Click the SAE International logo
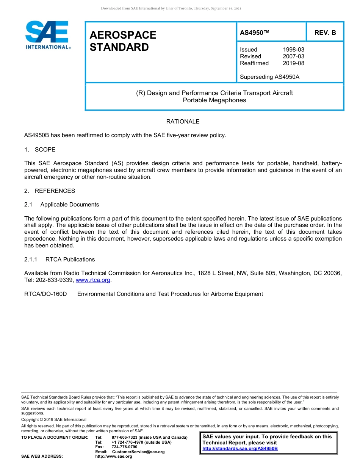coord(47,35)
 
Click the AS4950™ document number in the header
coord(255,33)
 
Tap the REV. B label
coord(325,33)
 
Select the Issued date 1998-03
coord(293,50)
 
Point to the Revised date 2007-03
coord(293,56)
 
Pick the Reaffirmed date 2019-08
coord(293,63)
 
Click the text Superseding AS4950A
coord(269,77)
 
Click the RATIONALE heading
coord(183,122)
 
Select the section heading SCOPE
coord(45,150)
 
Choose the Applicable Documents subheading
coord(69,205)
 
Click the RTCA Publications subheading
coord(70,260)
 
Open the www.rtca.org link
coord(93,280)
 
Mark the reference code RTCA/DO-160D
coord(45,294)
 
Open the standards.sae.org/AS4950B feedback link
coord(240,449)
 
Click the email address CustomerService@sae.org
coord(138,452)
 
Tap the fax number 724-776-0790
coord(124,447)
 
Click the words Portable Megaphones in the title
coord(214,100)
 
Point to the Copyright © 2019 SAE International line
coord(54,419)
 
